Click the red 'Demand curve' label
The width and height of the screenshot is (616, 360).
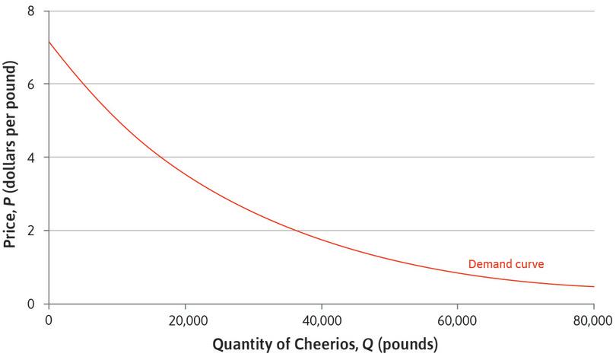[x=505, y=264]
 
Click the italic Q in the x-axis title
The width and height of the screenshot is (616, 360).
[x=372, y=345]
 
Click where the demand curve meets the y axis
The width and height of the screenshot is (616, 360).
[x=48, y=41]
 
